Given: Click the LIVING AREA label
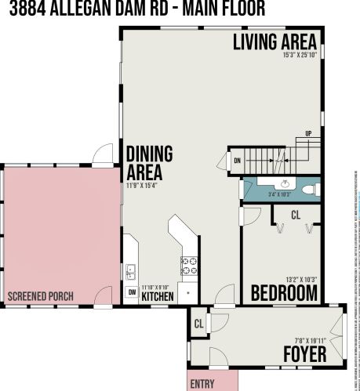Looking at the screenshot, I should click(275, 42).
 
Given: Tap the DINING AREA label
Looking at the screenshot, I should click(149, 162).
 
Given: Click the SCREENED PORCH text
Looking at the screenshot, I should click(41, 296).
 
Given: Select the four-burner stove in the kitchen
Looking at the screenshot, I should click(190, 265).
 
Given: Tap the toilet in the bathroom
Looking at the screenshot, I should click(309, 189).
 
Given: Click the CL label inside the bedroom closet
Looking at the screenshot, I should click(295, 213).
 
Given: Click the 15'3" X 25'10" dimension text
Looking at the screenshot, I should click(300, 56).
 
